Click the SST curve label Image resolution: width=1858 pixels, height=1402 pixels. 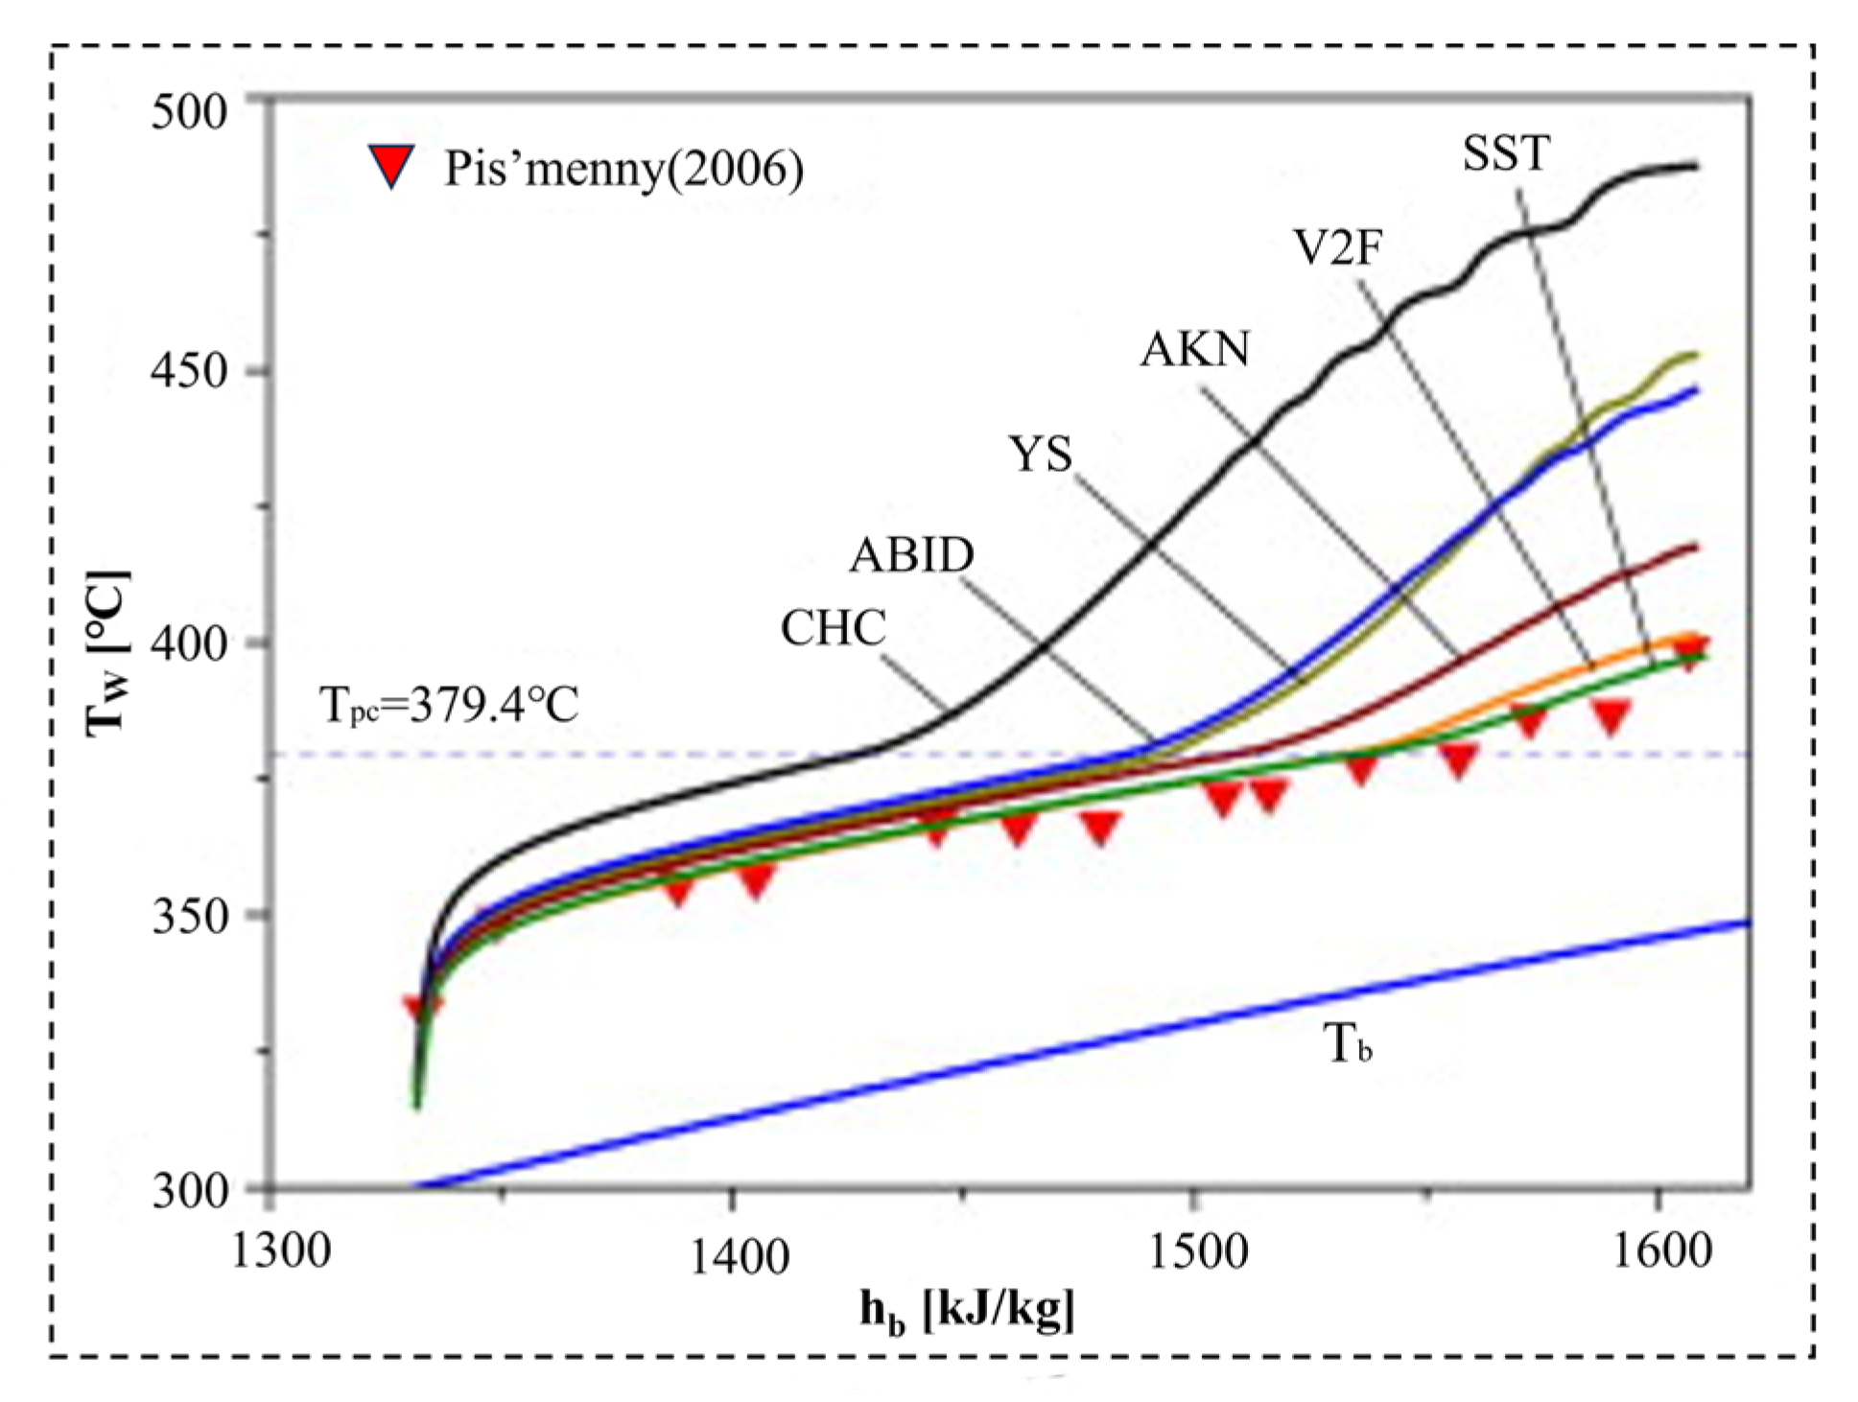(1505, 153)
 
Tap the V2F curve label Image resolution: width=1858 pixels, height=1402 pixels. (1338, 247)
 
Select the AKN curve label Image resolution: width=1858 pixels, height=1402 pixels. (1195, 349)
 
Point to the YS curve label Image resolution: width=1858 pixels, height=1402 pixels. (1040, 454)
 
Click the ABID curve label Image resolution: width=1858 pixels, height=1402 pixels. (911, 554)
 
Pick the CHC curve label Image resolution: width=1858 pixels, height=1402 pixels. (833, 629)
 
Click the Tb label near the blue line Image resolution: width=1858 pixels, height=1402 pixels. (1347, 1043)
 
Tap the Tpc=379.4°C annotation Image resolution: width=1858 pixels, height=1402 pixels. (448, 706)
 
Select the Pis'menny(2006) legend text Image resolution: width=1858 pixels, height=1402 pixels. (623, 169)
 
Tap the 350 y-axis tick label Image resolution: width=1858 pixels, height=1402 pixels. (189, 916)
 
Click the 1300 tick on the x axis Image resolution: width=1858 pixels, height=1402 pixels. (281, 1250)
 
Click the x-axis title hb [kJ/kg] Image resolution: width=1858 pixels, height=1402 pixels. (966, 1310)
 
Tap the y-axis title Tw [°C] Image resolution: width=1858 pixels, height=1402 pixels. (107, 654)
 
